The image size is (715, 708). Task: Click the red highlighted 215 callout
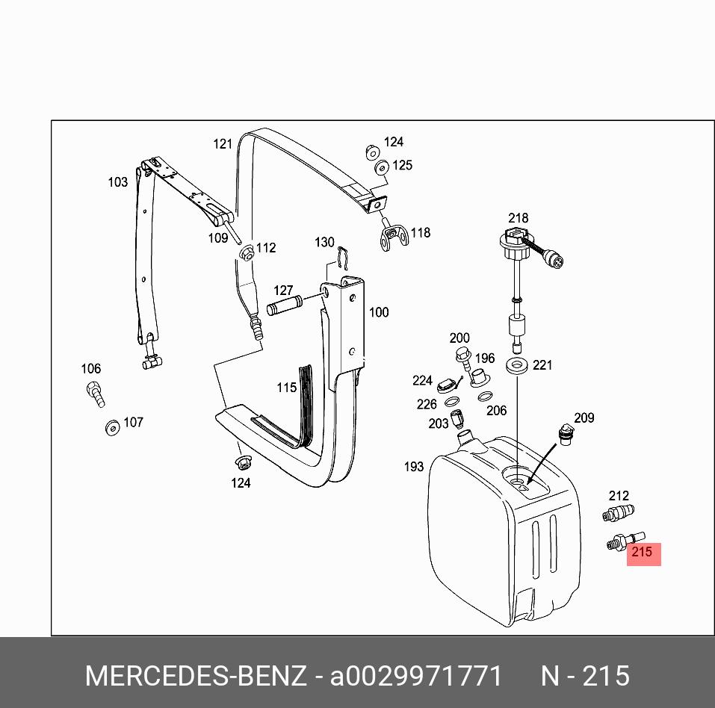pos(643,553)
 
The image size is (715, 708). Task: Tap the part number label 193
pos(414,467)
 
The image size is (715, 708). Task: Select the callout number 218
pos(519,218)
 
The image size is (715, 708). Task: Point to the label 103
pos(118,181)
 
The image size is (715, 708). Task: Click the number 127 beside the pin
pos(283,291)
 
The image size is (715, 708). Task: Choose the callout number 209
pos(584,418)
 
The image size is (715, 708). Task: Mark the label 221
pos(542,365)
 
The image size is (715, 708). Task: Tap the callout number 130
pos(324,242)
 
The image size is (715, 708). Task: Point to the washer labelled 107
pos(112,428)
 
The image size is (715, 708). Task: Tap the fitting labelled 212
pos(618,513)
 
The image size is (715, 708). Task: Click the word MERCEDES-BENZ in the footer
pos(196,677)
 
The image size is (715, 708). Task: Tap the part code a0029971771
pos(416,677)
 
